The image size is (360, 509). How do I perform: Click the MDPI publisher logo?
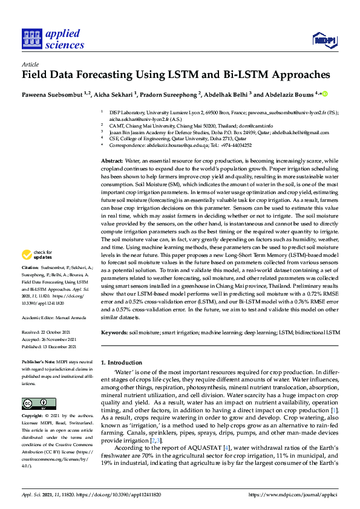tap(324, 40)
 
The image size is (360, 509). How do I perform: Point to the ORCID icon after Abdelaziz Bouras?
tap(324, 94)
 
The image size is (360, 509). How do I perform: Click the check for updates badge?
tap(38, 271)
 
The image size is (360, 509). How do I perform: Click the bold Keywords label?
tap(114, 332)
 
